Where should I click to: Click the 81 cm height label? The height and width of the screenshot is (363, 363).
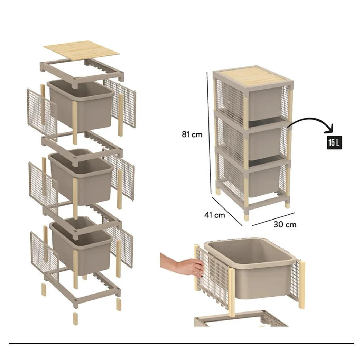(x=192, y=134)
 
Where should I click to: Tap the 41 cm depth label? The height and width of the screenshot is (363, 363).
(x=215, y=215)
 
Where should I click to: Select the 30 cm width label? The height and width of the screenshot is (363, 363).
(x=285, y=224)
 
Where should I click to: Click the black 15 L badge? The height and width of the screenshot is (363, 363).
(x=334, y=142)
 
